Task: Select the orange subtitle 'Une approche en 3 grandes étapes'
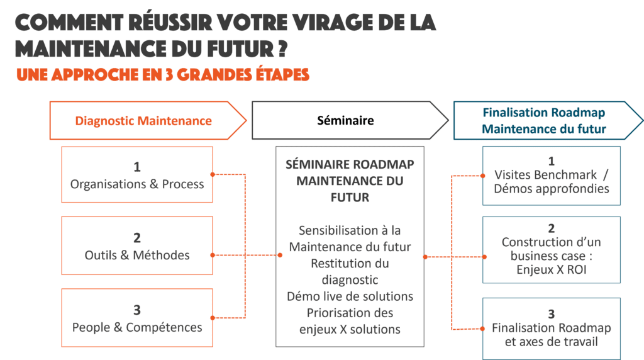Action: tap(163, 74)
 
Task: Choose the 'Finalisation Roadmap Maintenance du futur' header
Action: tap(544, 120)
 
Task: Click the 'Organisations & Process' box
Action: tap(137, 175)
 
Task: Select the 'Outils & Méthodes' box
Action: tap(137, 246)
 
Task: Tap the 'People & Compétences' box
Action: tap(137, 318)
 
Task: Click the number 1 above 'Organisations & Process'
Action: tap(136, 167)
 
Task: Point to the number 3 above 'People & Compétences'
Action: tap(137, 310)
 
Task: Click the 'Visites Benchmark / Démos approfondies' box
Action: tap(552, 176)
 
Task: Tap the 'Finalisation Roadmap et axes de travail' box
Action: tap(552, 328)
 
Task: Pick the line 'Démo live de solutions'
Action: tap(350, 296)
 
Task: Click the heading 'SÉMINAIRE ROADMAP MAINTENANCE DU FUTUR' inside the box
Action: tap(350, 180)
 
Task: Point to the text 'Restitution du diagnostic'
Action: tap(350, 271)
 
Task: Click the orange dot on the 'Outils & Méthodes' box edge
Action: tap(213, 255)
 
